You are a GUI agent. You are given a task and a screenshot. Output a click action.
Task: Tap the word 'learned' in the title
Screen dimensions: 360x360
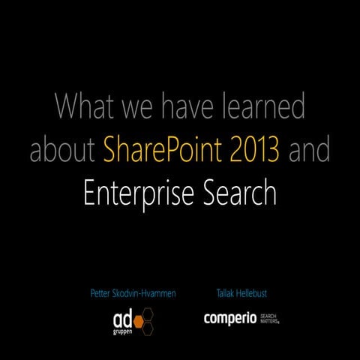tap(265, 106)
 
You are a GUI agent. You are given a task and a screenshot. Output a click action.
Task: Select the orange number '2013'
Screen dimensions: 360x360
tap(254, 150)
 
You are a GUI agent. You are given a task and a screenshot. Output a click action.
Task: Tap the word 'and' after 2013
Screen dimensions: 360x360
tap(310, 150)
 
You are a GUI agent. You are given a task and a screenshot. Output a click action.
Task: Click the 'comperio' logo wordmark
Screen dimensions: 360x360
tap(230, 319)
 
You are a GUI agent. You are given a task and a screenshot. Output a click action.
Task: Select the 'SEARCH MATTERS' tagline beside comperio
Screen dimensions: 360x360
tap(271, 319)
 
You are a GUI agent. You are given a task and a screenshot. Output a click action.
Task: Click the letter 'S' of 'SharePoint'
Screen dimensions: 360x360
tap(111, 151)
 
